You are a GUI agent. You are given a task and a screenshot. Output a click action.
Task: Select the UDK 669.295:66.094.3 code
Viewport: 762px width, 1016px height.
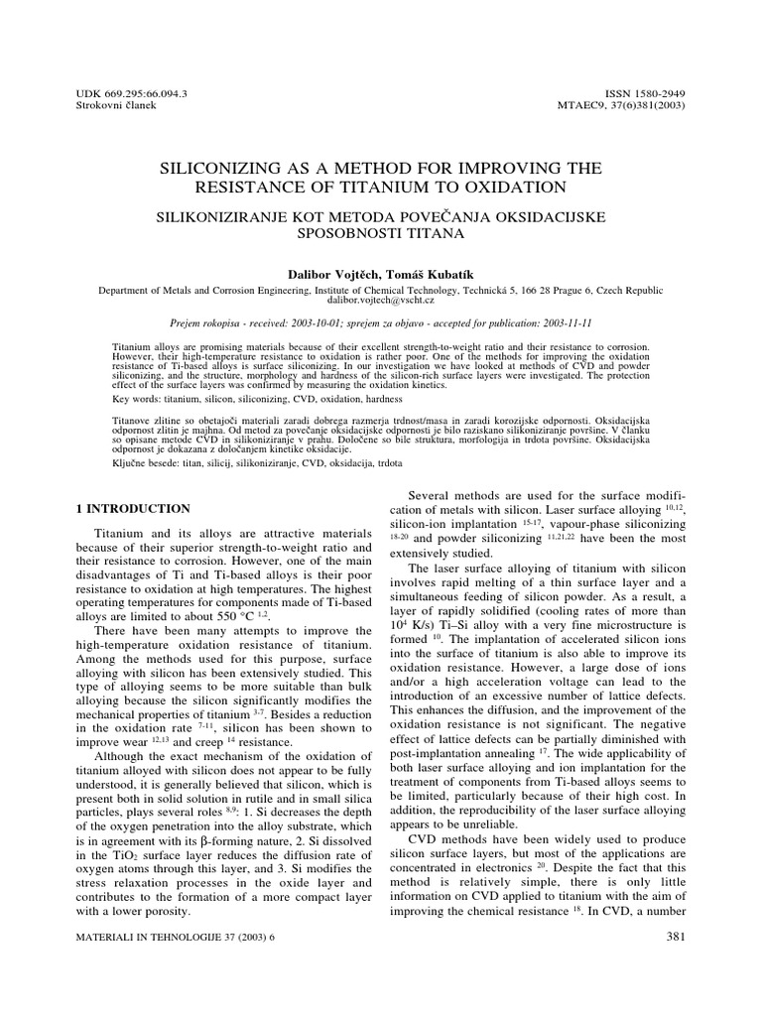pos(132,93)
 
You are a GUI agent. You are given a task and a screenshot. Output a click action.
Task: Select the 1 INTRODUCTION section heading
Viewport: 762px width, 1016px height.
pos(134,508)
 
